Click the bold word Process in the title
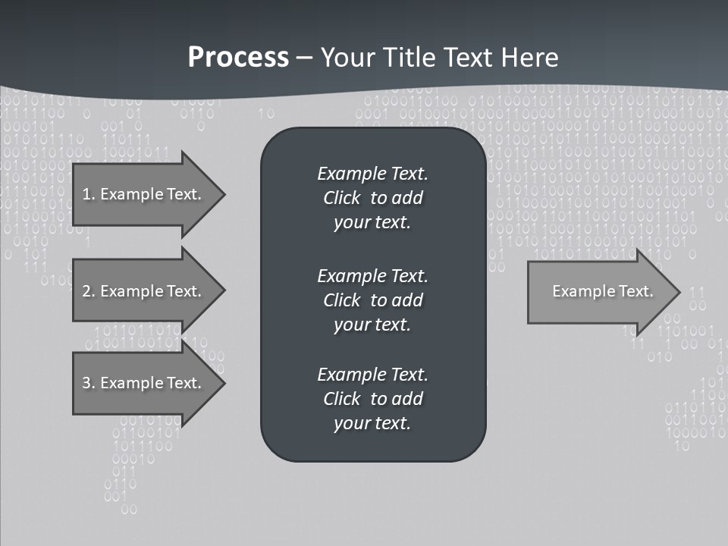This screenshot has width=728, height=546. click(238, 58)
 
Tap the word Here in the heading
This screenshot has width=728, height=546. click(531, 58)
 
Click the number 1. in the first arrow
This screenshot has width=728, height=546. click(88, 194)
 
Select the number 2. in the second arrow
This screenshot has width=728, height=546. click(88, 291)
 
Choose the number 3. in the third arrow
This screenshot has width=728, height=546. click(88, 383)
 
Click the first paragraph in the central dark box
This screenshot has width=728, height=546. click(372, 198)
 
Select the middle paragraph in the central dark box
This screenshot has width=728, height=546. click(372, 300)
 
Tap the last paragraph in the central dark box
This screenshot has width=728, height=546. click(372, 399)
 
